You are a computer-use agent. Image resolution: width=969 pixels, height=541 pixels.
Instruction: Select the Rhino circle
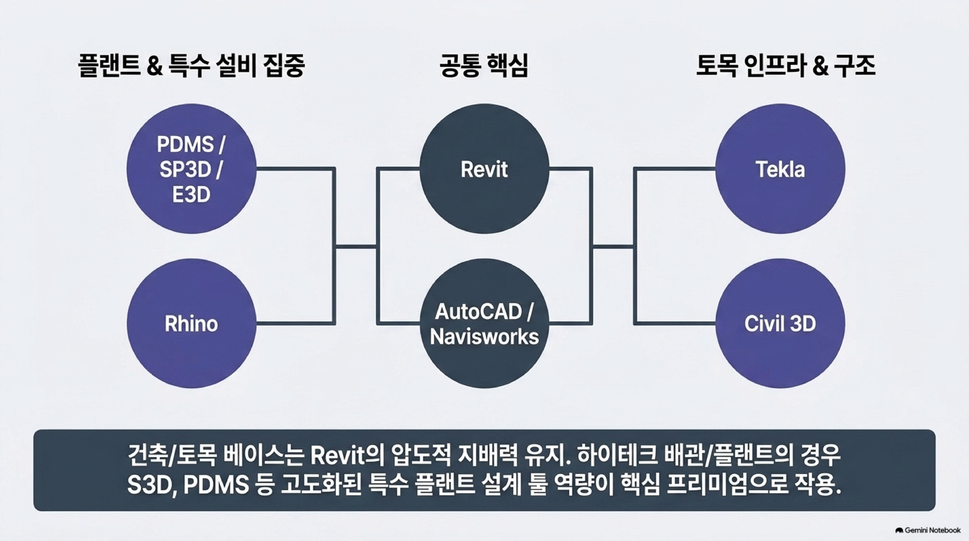coord(192,324)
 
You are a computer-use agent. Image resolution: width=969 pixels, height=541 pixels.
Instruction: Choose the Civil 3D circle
coord(780,324)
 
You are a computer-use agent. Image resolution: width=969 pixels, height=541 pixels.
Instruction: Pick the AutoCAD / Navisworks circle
coord(484,324)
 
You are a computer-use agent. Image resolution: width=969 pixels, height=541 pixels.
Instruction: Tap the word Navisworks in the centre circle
coord(484,337)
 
